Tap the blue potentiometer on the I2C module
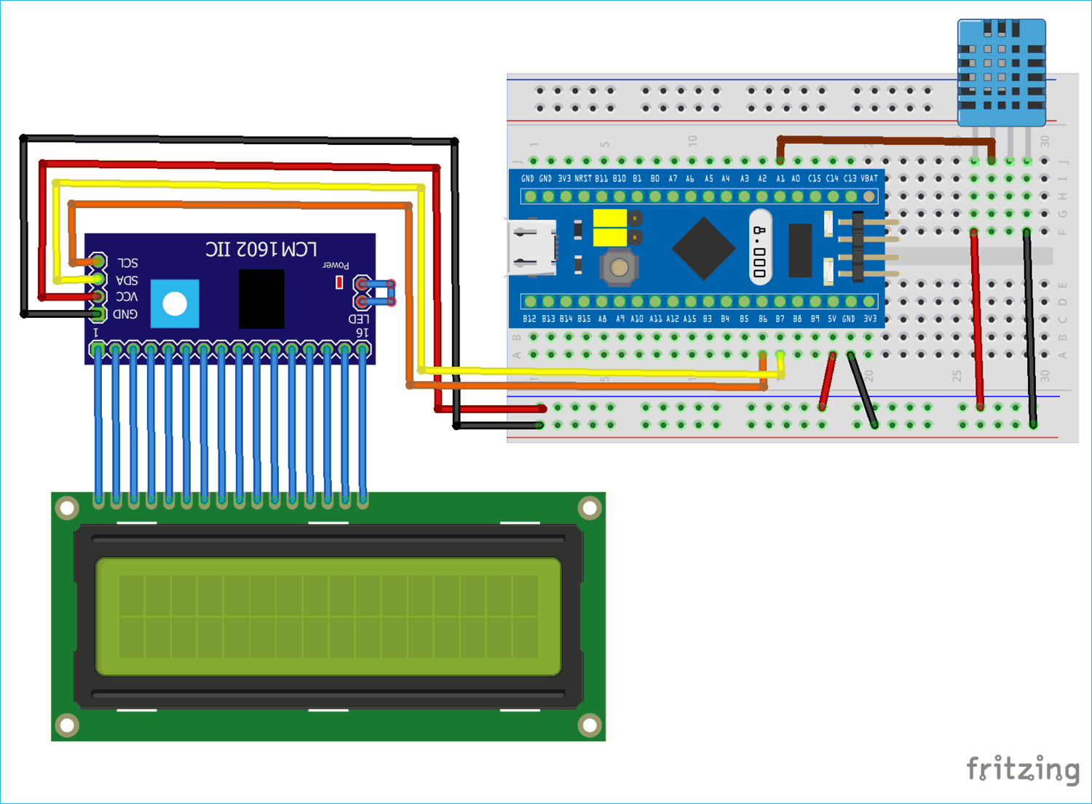coord(175,303)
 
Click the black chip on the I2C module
coord(261,299)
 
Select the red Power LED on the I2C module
coord(339,282)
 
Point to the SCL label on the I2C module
coord(127,263)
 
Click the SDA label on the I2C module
coord(127,280)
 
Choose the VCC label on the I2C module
coord(127,297)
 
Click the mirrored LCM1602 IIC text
coord(261,250)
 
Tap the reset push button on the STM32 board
coord(619,268)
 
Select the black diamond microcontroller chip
coord(703,248)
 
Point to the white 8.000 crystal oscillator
coord(760,247)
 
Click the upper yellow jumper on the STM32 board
coord(611,218)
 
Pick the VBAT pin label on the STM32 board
coord(869,178)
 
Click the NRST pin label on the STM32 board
coord(583,178)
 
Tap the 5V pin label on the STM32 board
coord(831,319)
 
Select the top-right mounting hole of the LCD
coord(589,507)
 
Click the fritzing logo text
coord(1022,769)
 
